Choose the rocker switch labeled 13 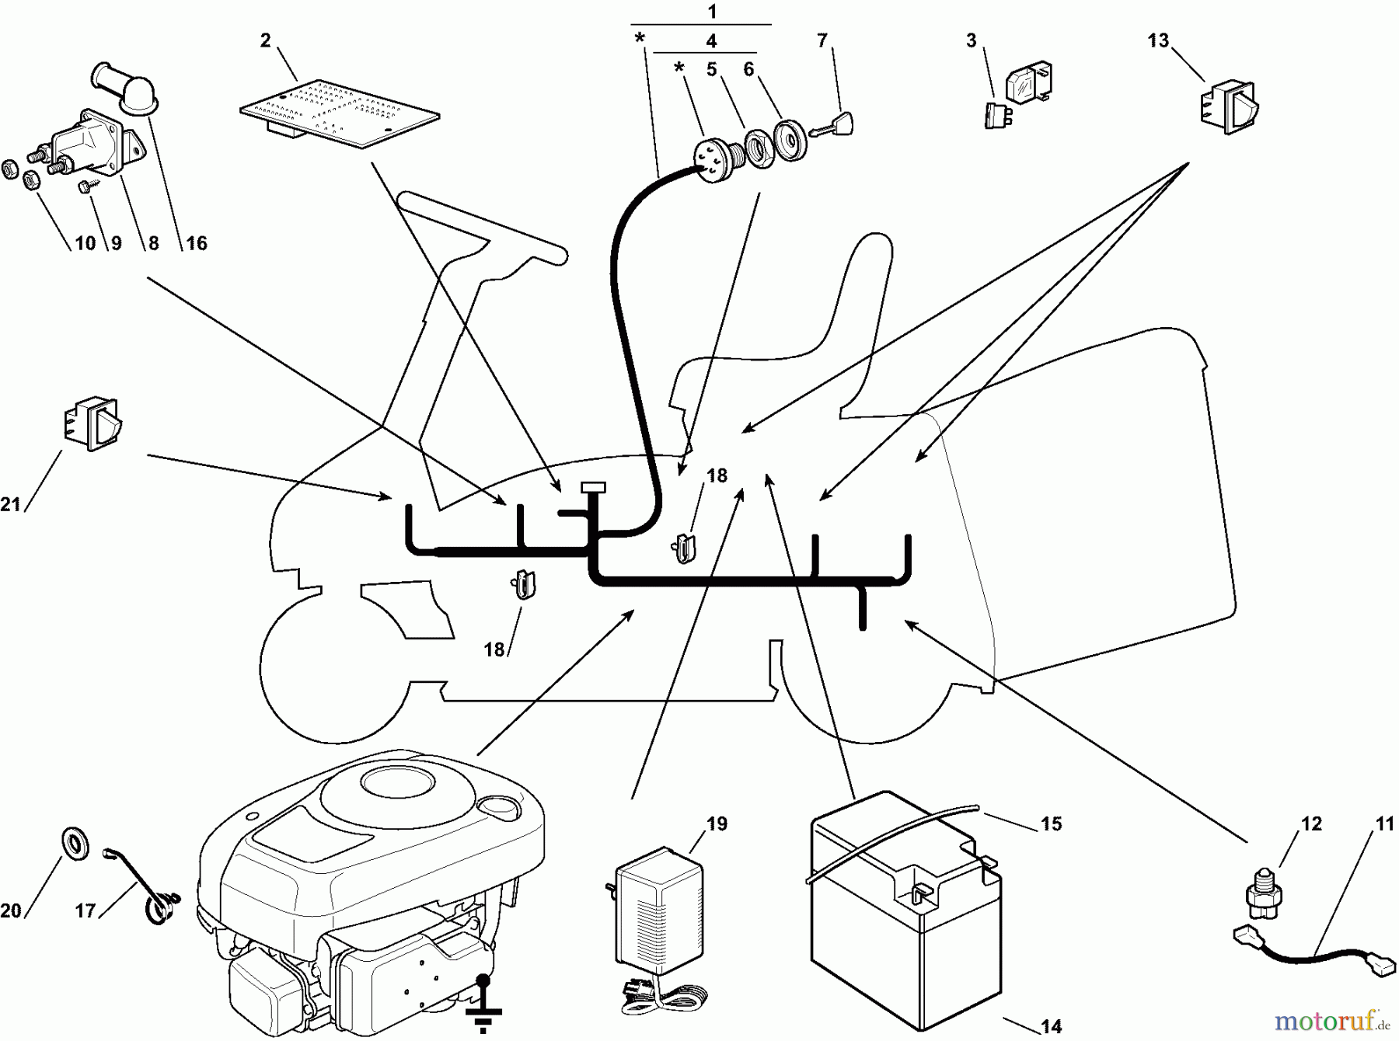tap(1230, 105)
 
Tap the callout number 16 tap(197, 243)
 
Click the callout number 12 tap(1311, 823)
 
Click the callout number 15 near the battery tap(1051, 823)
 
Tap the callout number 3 tap(972, 40)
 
